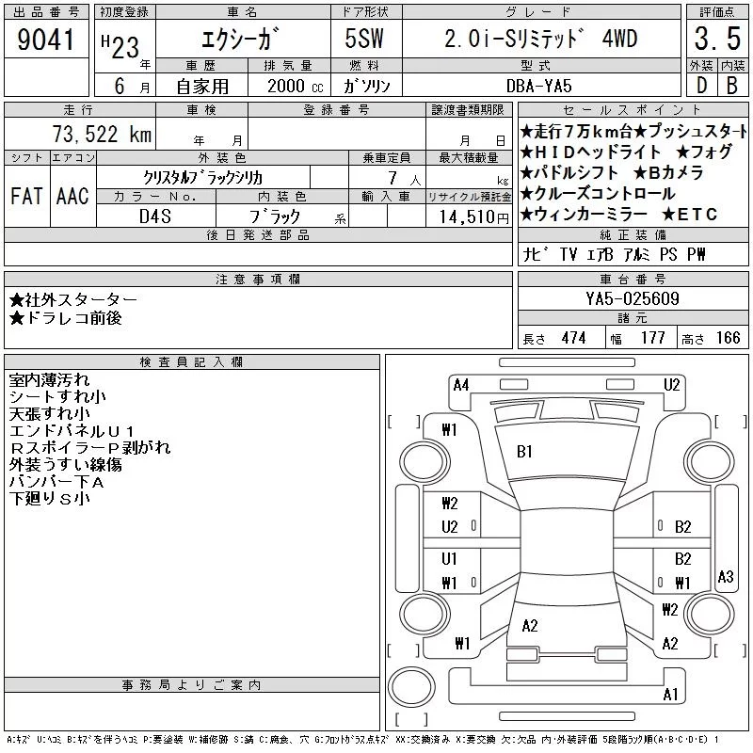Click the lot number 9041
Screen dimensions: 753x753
click(x=45, y=40)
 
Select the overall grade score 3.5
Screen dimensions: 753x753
click(x=717, y=39)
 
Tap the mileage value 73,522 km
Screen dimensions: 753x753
click(x=102, y=134)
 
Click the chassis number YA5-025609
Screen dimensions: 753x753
click(x=633, y=298)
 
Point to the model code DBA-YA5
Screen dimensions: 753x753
click(x=538, y=86)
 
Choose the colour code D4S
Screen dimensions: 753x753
click(x=155, y=216)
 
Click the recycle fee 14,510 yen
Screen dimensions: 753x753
click(x=474, y=217)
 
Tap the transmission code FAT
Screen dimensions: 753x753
click(x=26, y=196)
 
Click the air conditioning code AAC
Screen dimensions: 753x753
click(x=72, y=196)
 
